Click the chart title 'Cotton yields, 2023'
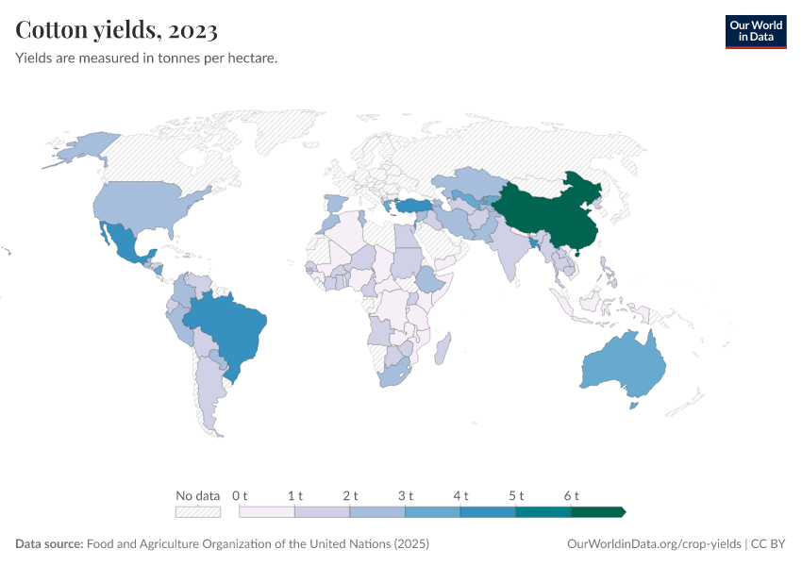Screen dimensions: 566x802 [117, 30]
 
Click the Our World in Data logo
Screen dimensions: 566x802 [755, 31]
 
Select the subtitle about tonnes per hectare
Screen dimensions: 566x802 [146, 58]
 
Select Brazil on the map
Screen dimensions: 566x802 [231, 325]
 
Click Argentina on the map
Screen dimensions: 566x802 [208, 387]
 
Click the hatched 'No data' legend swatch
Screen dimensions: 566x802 [198, 512]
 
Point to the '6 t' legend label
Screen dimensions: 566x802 [571, 495]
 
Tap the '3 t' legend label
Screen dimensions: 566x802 [406, 495]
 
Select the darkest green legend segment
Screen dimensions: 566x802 [597, 512]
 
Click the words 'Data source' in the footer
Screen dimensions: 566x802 [49, 544]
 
